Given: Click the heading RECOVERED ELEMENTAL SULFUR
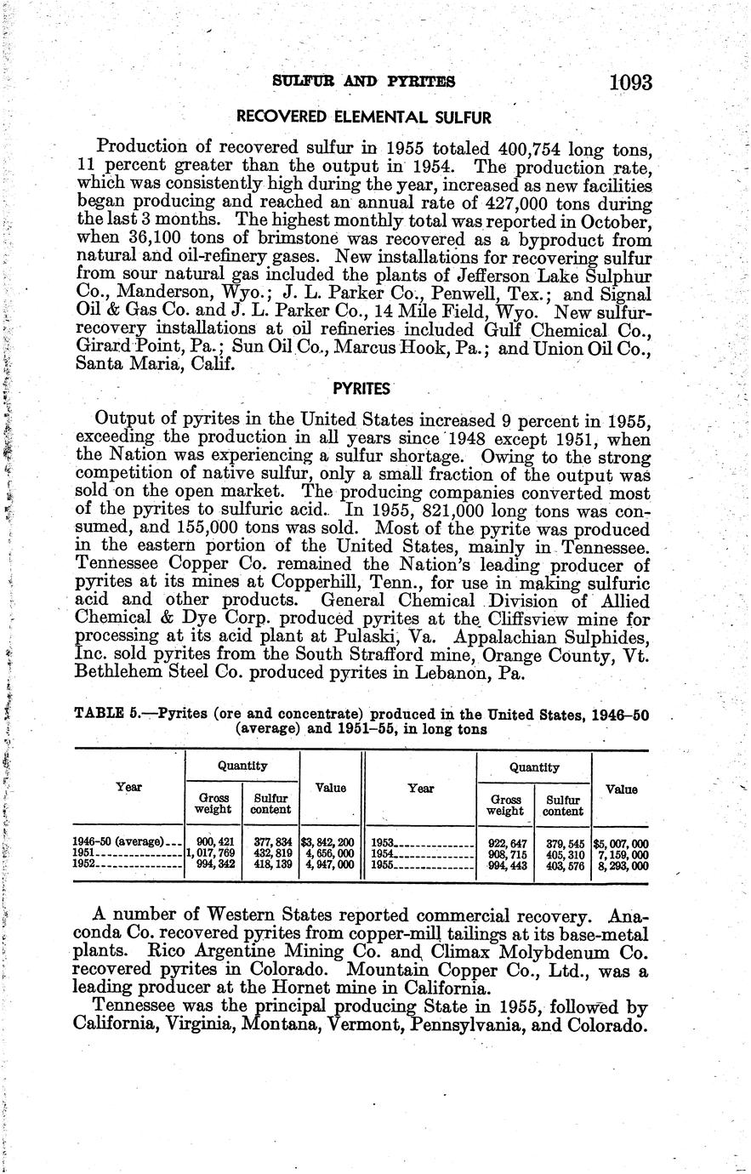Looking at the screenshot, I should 363,116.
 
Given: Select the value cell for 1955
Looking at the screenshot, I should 621,866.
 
